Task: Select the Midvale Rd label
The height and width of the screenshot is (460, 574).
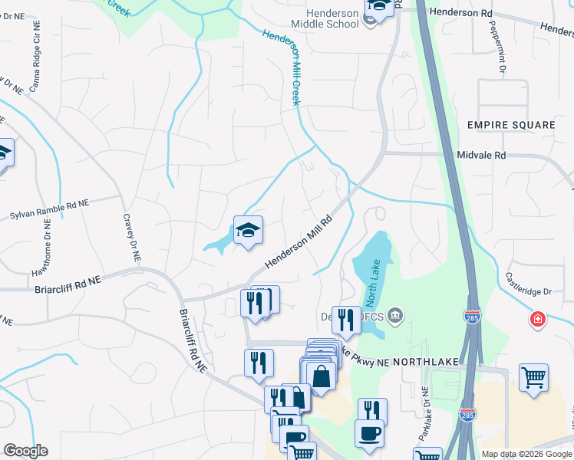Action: coord(481,155)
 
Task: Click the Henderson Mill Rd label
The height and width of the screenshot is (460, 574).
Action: coord(299,242)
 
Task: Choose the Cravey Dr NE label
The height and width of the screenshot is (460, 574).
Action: coord(130,237)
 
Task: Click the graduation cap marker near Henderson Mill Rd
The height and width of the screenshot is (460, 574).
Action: coord(248,230)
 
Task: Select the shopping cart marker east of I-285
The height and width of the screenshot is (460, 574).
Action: coord(533,378)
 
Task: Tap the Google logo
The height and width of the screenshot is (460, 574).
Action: coord(25,451)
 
